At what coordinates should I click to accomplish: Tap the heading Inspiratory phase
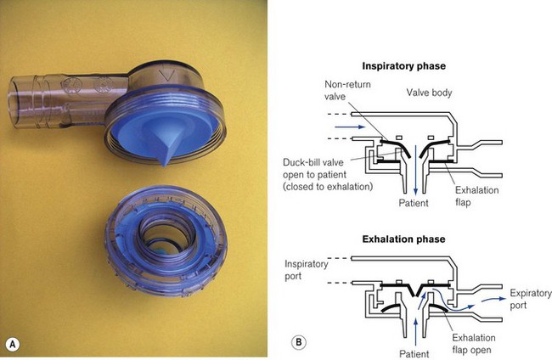(x=404, y=65)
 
